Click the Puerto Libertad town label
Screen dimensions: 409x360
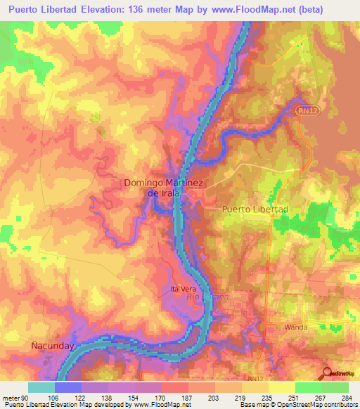255,209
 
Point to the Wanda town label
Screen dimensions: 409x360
297,327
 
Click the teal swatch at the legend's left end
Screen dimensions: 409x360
41,387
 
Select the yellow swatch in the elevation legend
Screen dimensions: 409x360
281,387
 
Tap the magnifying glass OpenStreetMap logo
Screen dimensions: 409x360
328,373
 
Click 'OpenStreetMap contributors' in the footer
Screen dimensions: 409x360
320,405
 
